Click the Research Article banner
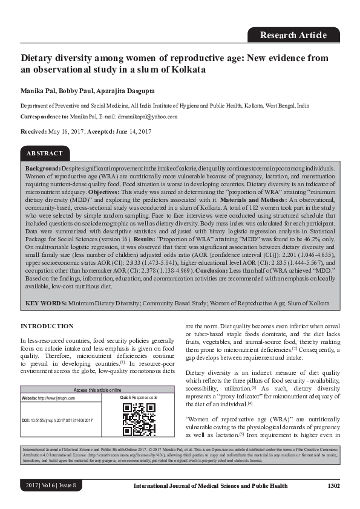(293, 35)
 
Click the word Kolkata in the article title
(188, 70)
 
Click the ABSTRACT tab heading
(44, 154)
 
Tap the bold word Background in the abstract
(42, 167)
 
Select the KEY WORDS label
(45, 302)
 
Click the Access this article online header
(97, 390)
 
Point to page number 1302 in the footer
(333, 485)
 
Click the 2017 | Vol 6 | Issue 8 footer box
(51, 485)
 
